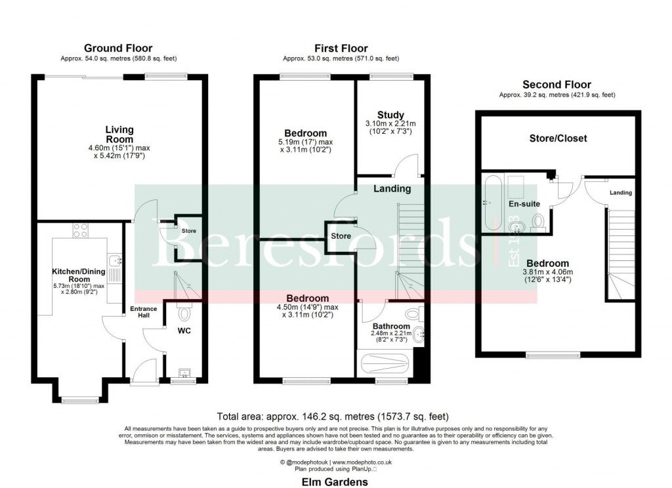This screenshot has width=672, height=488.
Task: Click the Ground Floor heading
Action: (x=118, y=48)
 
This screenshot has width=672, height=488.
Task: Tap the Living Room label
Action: (x=119, y=134)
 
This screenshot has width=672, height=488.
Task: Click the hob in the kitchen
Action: (x=81, y=230)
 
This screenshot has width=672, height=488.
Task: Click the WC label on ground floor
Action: (x=184, y=331)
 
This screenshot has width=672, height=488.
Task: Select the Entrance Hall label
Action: (x=143, y=312)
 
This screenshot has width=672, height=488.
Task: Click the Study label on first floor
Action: (x=390, y=115)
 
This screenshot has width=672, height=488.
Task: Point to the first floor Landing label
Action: (x=392, y=189)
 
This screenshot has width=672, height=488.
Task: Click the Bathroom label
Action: (x=391, y=326)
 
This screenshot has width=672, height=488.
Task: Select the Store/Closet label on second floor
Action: (x=558, y=138)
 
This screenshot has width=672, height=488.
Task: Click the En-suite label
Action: (x=524, y=204)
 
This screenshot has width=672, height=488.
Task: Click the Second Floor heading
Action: (x=556, y=85)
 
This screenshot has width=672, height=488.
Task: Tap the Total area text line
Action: (x=333, y=417)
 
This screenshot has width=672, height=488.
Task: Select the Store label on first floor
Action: (x=341, y=235)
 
